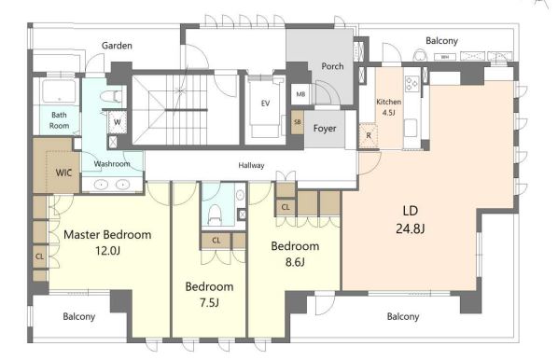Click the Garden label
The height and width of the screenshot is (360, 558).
117,46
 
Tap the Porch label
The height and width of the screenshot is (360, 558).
332,66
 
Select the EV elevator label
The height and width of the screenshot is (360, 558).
265,104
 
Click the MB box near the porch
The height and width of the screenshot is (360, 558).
300,94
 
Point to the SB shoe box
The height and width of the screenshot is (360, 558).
297,122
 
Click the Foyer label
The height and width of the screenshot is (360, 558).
325,128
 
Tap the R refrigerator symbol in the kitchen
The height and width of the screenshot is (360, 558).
368,135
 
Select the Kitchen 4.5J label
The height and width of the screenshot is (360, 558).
388,107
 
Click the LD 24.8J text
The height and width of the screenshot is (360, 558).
411,219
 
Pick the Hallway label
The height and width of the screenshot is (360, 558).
251,165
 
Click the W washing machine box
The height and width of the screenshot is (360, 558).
117,122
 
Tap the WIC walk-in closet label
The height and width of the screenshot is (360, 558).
63,173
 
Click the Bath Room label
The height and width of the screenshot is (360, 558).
59,120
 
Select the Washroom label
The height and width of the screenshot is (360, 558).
112,164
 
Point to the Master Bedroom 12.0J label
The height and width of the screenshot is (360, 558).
107,242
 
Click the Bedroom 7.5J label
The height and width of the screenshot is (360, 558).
209,295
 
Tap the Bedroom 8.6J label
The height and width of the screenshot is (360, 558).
295,254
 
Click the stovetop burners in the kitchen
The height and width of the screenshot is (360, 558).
412,84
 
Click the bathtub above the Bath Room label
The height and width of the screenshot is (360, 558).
59,91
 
